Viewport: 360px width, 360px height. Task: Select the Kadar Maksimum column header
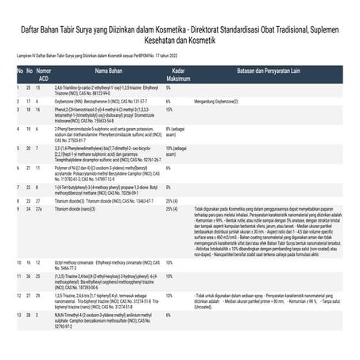click(179, 75)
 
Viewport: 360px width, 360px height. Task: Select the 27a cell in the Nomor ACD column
click(45, 208)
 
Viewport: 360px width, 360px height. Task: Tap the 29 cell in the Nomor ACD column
click(45, 295)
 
